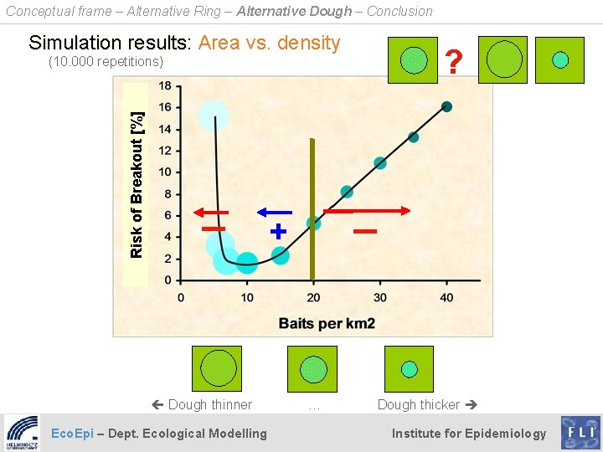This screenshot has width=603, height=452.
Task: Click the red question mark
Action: click(x=454, y=61)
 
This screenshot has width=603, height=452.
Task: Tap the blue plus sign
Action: click(x=278, y=230)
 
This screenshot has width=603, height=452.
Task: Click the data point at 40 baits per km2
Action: click(x=446, y=106)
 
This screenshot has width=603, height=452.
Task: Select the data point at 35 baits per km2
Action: click(x=413, y=136)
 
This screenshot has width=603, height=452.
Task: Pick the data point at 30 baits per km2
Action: click(x=380, y=162)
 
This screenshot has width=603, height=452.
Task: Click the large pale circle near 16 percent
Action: click(x=214, y=115)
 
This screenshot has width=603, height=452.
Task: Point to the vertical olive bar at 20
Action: click(x=312, y=209)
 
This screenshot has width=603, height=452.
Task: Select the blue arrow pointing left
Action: click(x=274, y=212)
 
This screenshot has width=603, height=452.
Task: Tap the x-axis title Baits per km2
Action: click(x=327, y=323)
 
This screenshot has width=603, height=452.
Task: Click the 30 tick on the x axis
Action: click(x=379, y=297)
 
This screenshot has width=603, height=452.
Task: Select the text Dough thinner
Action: click(x=209, y=404)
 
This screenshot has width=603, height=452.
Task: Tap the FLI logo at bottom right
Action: click(x=580, y=433)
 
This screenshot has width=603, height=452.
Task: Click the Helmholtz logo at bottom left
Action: click(x=23, y=433)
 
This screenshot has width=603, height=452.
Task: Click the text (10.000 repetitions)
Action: click(x=106, y=62)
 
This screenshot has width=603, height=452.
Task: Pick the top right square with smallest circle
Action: click(x=560, y=59)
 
